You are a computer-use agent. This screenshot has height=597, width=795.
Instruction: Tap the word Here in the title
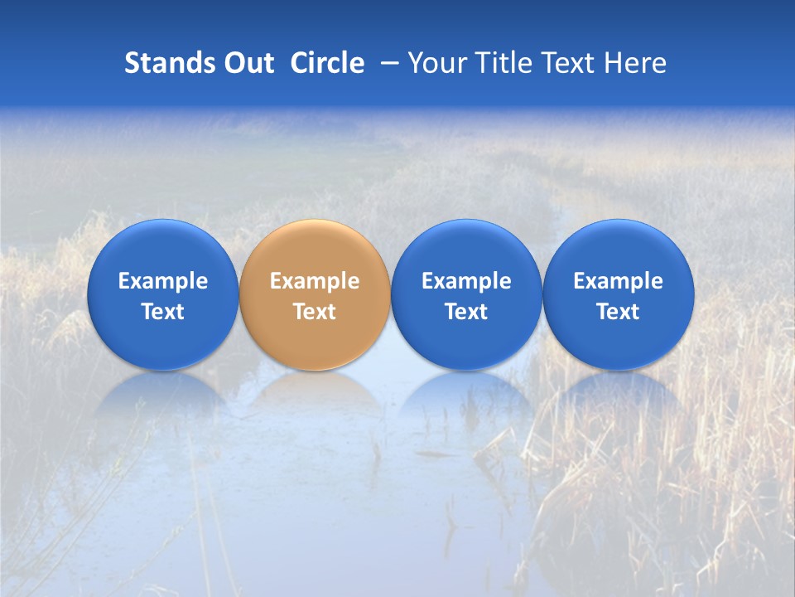click(x=636, y=63)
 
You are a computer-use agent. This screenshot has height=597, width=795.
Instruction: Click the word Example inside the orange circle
click(x=315, y=281)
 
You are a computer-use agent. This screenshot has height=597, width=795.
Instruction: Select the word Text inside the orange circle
click(x=315, y=312)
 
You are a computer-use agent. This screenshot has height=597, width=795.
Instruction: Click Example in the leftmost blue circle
click(x=163, y=281)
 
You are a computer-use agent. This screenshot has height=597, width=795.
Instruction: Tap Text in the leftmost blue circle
click(x=163, y=312)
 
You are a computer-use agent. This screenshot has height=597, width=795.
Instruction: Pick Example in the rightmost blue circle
click(x=618, y=281)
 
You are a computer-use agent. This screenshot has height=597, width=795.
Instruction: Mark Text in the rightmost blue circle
click(x=618, y=312)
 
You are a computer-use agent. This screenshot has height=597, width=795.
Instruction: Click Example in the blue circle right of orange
click(x=466, y=281)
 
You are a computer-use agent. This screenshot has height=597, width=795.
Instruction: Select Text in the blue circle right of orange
click(x=466, y=312)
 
